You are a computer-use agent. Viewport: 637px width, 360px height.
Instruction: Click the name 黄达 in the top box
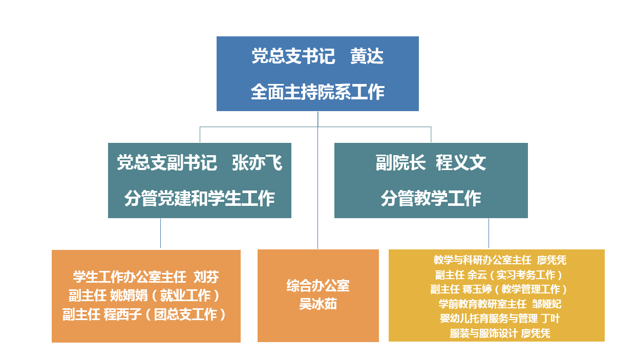367,56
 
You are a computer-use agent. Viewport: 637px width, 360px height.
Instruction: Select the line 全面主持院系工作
317,92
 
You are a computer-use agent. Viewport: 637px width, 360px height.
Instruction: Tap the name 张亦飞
257,163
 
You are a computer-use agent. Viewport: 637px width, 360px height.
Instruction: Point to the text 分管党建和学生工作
199,198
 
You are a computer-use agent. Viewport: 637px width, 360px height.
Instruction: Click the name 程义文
461,163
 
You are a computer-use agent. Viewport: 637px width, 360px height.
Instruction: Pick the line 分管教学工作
431,198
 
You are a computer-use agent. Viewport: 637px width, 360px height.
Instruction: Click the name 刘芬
206,277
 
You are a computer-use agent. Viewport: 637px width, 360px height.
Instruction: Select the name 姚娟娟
129,295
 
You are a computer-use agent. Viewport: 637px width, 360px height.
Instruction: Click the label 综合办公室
318,285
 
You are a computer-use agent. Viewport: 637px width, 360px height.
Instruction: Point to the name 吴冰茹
318,304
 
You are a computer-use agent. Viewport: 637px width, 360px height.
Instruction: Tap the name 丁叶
550,319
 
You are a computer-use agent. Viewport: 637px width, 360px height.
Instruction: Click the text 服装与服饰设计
484,333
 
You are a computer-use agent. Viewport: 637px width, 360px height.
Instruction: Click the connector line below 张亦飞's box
161,234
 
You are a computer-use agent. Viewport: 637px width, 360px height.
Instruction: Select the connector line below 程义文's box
489,234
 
